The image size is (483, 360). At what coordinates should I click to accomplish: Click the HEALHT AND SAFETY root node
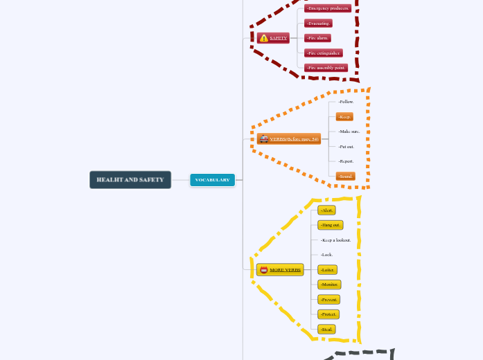pyautogui.click(x=130, y=180)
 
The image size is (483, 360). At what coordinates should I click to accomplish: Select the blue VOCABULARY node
pyautogui.click(x=212, y=180)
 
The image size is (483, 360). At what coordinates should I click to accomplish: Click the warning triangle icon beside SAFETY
pyautogui.click(x=263, y=38)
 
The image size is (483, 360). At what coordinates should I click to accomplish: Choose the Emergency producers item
pyautogui.click(x=327, y=8)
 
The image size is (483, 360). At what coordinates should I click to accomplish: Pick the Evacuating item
pyautogui.click(x=318, y=23)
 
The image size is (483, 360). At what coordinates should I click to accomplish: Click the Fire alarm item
pyautogui.click(x=317, y=38)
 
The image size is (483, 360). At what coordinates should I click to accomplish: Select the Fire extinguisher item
pyautogui.click(x=324, y=53)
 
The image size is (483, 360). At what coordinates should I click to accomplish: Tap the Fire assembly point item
pyautogui.click(x=326, y=68)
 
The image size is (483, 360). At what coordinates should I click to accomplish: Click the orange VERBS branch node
pyautogui.click(x=289, y=139)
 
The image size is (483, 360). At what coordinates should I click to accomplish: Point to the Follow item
pyautogui.click(x=346, y=102)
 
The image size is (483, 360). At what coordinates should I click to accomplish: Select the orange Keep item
pyautogui.click(x=344, y=117)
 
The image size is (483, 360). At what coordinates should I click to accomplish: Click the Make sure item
pyautogui.click(x=349, y=132)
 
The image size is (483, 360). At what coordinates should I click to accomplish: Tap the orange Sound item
pyautogui.click(x=346, y=177)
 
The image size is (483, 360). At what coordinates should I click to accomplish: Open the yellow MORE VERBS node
pyautogui.click(x=280, y=269)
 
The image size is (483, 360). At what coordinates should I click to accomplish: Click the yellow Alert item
pyautogui.click(x=326, y=210)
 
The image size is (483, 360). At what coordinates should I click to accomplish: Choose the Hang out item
pyautogui.click(x=331, y=225)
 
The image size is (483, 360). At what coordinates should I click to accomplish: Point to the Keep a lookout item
pyautogui.click(x=335, y=240)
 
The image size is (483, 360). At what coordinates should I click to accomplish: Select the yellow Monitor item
pyautogui.click(x=329, y=285)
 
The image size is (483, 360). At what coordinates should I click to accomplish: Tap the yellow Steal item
pyautogui.click(x=326, y=330)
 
